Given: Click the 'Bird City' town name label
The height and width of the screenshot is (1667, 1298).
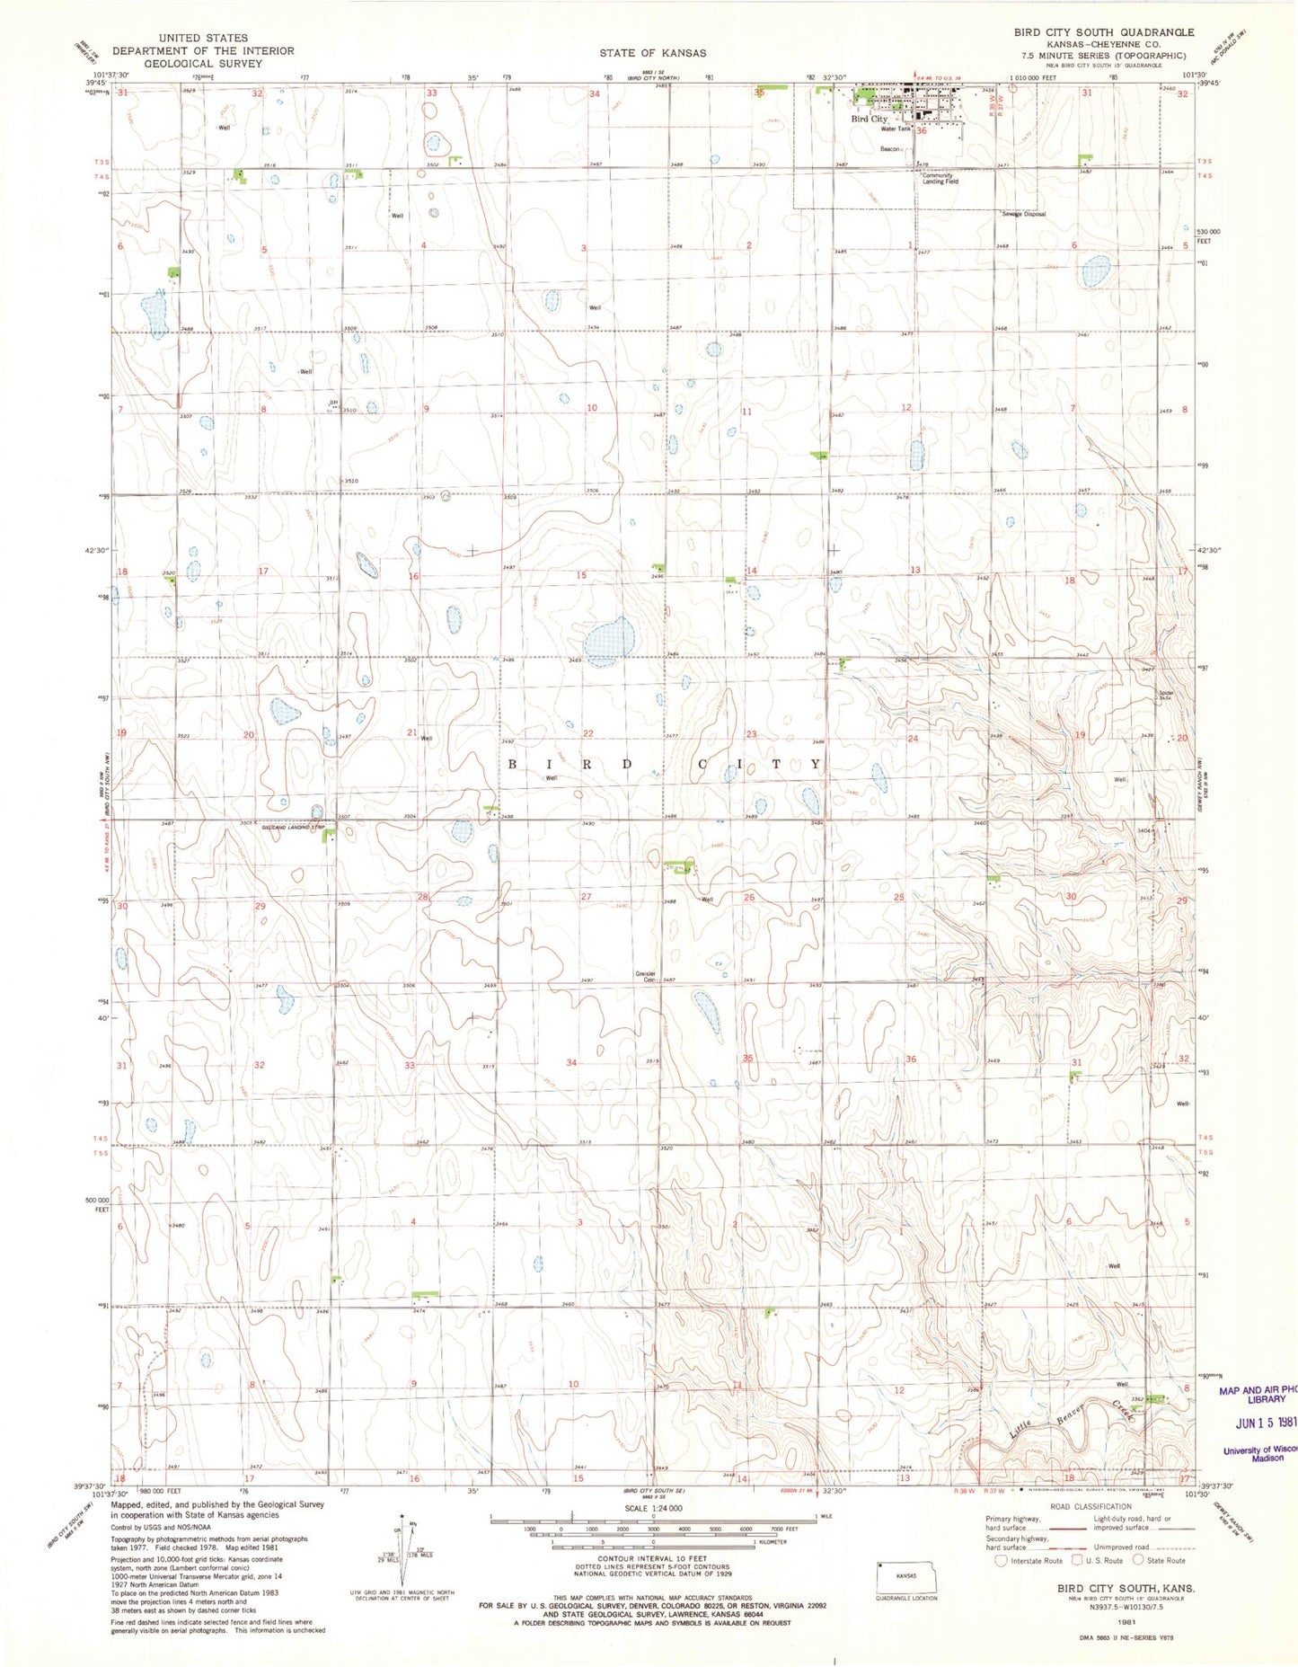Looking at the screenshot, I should point(869,119).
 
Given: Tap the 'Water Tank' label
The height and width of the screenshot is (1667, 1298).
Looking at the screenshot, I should point(896,129).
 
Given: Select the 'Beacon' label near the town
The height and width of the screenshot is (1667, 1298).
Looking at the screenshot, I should point(889,149).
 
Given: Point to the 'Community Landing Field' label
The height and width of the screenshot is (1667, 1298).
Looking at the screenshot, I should point(940,179).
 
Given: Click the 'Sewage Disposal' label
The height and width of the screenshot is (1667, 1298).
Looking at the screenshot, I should point(1024,214).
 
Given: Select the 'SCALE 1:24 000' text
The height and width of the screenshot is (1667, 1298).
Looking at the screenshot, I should point(652,1508).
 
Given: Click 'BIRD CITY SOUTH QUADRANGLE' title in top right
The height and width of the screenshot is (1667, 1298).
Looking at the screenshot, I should point(1104,32).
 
